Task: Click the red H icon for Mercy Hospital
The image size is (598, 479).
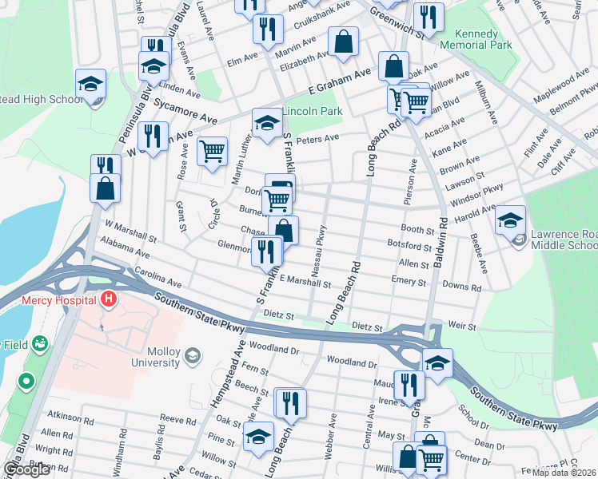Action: pos(109,301)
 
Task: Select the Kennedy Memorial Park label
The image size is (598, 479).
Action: pos(482,40)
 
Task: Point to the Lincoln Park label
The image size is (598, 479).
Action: pos(313,111)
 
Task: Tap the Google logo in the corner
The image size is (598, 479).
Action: pos(27,469)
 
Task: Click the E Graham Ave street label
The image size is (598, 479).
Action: pos(340,79)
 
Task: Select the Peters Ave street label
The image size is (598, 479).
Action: pos(317,139)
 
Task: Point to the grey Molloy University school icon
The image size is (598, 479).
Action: pos(192,354)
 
